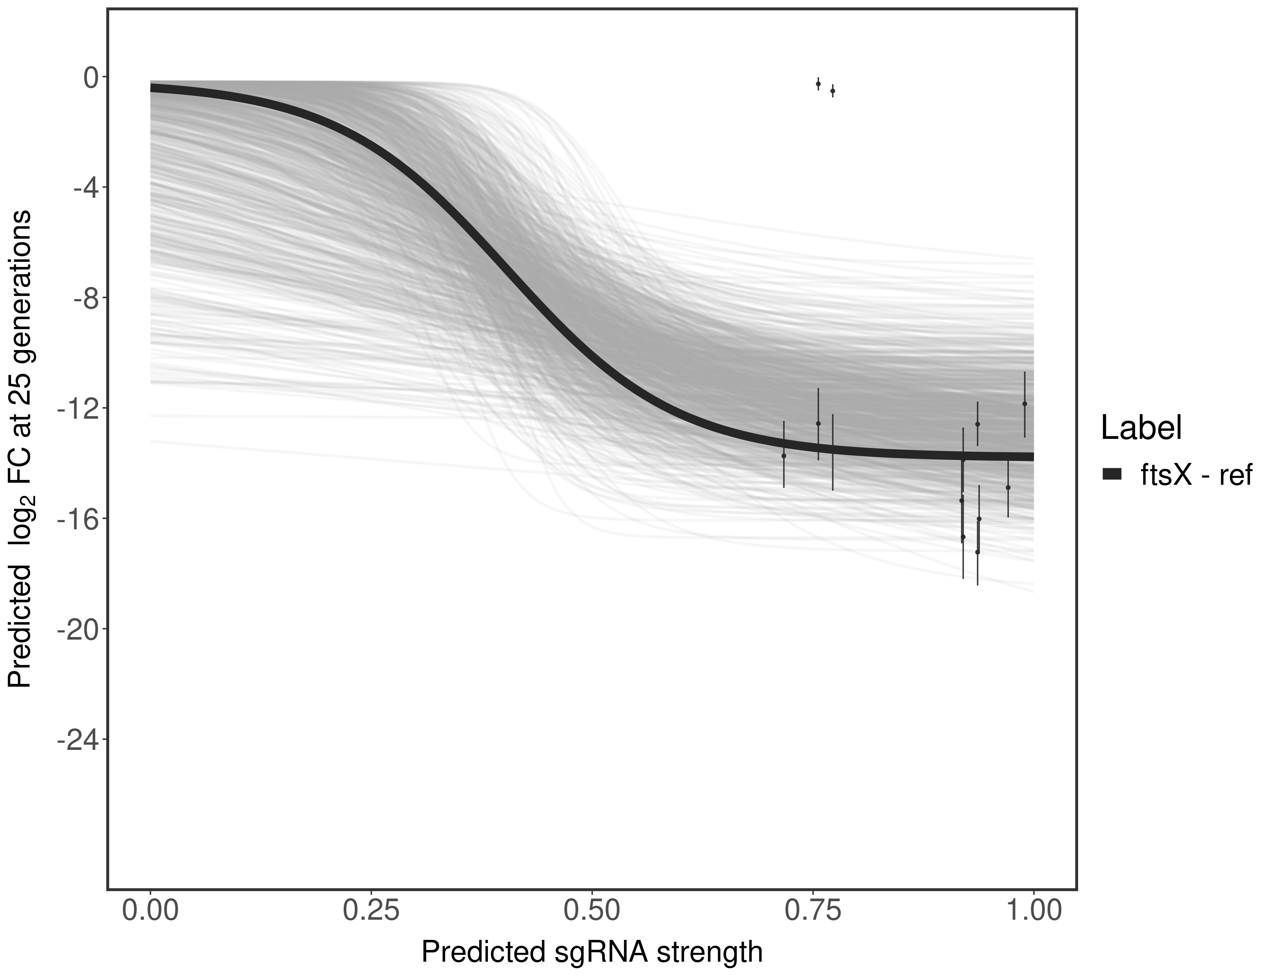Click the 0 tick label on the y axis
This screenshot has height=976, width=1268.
pos(91,77)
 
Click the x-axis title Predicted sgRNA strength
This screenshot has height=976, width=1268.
pos(592,953)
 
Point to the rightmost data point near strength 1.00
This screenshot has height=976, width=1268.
pos(1025,404)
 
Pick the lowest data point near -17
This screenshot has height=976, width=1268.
pos(978,552)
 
